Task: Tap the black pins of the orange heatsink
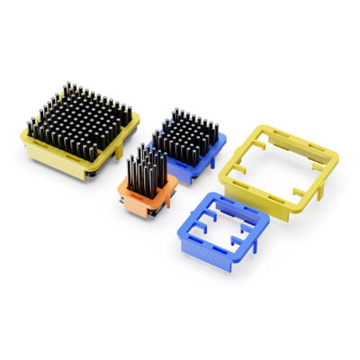146,167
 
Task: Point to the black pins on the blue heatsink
188,134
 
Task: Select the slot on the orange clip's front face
142,200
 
